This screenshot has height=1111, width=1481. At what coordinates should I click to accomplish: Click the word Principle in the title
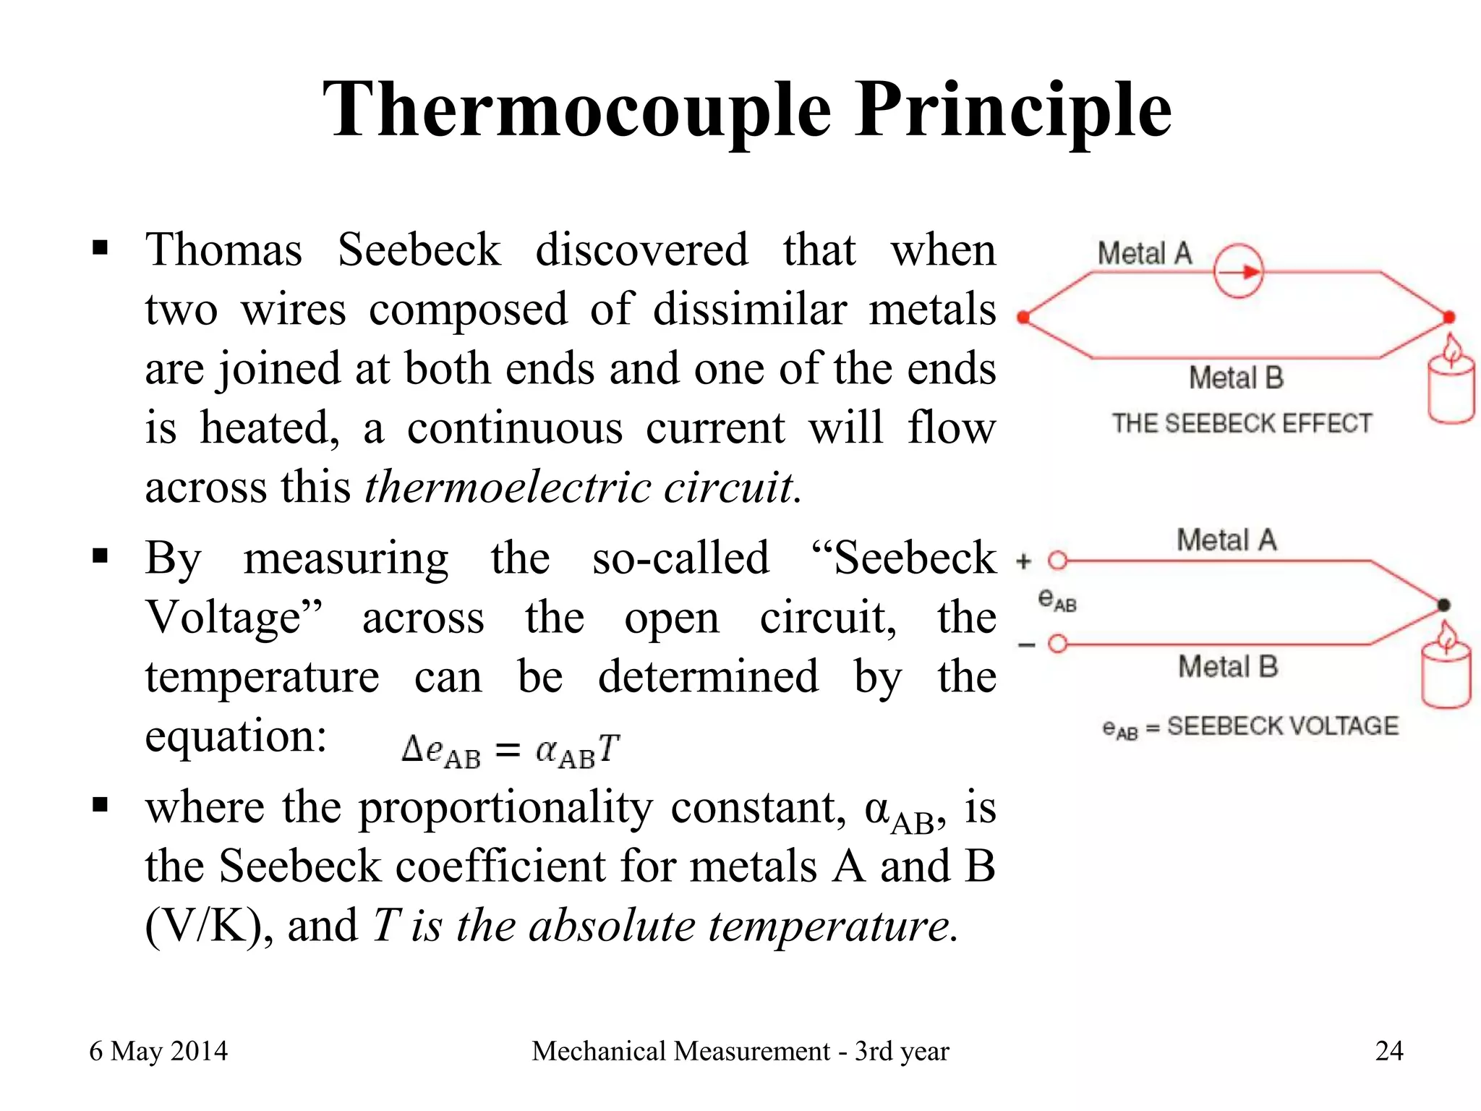(x=1012, y=110)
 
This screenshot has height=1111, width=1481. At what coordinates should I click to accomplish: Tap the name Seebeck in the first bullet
(x=419, y=250)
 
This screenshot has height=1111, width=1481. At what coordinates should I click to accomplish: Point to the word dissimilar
(x=749, y=310)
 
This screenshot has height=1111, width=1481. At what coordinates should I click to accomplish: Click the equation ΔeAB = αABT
(x=511, y=751)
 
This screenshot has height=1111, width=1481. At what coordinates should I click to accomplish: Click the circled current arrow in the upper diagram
(x=1238, y=272)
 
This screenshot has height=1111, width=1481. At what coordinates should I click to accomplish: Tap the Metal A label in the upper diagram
(x=1144, y=254)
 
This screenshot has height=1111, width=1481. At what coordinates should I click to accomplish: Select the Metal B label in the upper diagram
(x=1236, y=378)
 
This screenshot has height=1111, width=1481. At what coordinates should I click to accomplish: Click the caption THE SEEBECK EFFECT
(x=1242, y=423)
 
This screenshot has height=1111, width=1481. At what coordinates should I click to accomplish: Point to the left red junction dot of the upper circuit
(x=1023, y=317)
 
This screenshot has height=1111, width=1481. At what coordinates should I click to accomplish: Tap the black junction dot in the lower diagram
(x=1443, y=605)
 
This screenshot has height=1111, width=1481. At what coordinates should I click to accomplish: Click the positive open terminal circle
(x=1058, y=561)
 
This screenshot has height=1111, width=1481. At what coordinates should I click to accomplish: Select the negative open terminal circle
(x=1058, y=643)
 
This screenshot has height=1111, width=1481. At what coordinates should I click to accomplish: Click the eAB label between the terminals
(x=1057, y=600)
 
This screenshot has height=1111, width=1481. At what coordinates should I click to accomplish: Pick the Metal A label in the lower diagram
(x=1226, y=540)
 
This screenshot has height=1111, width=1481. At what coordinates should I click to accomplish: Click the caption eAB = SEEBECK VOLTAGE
(x=1250, y=726)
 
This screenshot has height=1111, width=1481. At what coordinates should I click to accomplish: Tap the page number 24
(x=1388, y=1051)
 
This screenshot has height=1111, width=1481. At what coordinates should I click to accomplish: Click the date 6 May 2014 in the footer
(x=158, y=1051)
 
